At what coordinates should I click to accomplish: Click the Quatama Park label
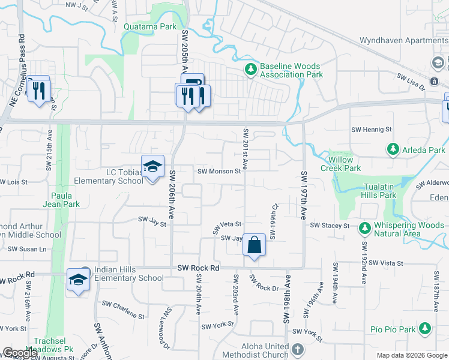point(150,26)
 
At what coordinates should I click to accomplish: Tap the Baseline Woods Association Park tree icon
point(251,70)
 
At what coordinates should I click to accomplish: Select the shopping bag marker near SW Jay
point(254,245)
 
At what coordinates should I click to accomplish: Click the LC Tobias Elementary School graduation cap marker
point(152,166)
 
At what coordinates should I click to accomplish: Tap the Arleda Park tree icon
point(393,148)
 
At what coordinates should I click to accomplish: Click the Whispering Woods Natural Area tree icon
point(364,228)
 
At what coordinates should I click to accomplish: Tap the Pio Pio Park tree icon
point(425,328)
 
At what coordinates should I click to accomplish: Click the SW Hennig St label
point(371,129)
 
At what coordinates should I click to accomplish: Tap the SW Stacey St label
point(330,226)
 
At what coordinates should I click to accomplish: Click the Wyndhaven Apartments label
point(403,41)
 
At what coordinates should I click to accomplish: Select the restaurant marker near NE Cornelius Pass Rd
point(39,90)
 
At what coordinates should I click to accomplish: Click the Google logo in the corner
point(20,353)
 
